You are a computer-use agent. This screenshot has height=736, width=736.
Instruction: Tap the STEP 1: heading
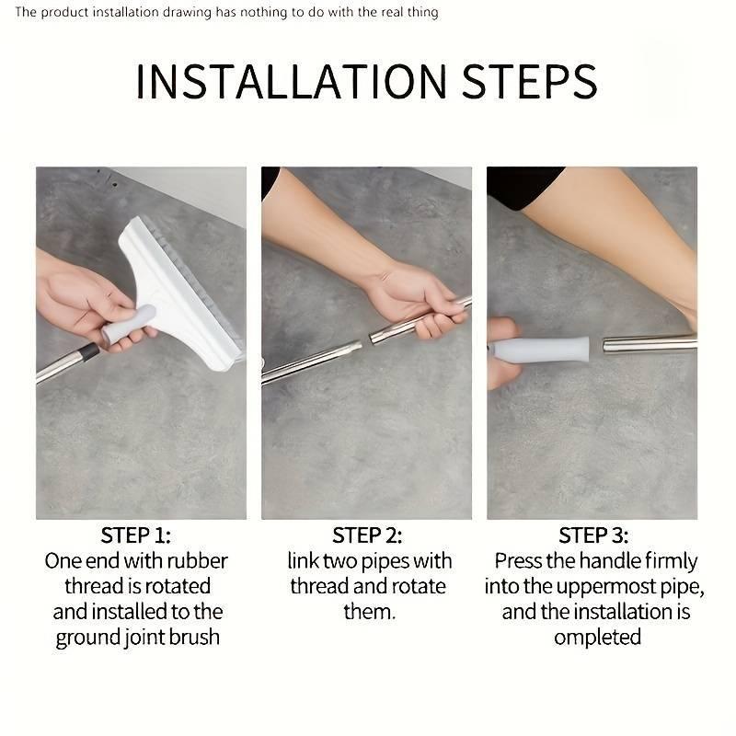point(136,535)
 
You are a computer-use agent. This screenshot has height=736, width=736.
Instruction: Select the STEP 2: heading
point(367,535)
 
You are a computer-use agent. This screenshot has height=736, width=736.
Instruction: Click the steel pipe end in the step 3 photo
point(644,345)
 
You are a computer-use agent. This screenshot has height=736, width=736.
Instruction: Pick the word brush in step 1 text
point(194,638)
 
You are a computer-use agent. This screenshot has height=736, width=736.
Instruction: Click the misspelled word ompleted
point(597,638)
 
